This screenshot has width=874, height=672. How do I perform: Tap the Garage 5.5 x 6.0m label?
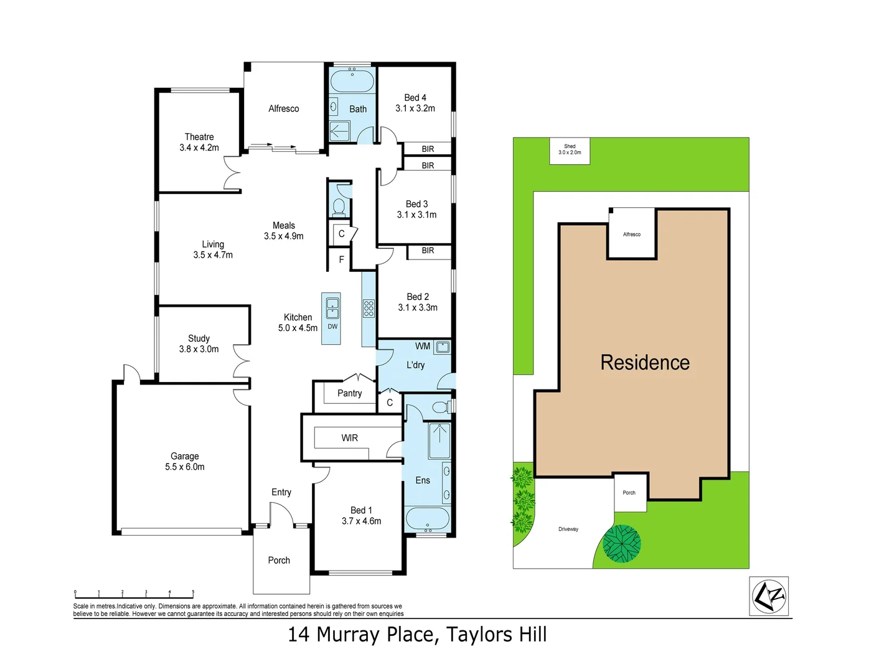[185, 462]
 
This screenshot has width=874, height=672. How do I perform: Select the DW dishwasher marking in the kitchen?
[332, 327]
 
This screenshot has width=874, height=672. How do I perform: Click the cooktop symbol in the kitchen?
[369, 308]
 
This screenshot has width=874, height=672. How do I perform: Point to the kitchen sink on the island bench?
[332, 305]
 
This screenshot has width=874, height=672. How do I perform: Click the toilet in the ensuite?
[441, 408]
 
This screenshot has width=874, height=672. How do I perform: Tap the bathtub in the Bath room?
[352, 82]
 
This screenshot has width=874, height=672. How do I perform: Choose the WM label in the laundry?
[423, 346]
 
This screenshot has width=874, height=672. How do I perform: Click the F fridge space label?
[341, 259]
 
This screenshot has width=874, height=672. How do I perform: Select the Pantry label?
[349, 393]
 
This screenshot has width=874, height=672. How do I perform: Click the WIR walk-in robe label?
[349, 438]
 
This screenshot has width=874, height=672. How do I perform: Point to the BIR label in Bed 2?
[428, 251]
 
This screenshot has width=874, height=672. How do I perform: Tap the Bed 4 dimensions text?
[415, 108]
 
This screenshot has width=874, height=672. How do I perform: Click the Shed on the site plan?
[570, 151]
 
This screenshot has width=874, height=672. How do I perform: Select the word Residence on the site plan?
[645, 363]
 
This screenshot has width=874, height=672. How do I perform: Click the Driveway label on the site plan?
[568, 529]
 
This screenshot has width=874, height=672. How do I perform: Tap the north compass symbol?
[769, 596]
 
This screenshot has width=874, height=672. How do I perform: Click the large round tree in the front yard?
[621, 543]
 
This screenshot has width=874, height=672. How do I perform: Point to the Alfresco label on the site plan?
[631, 235]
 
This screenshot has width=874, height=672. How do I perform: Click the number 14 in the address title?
[298, 635]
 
